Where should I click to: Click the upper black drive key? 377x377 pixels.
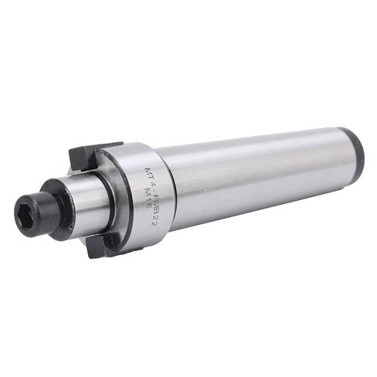click(x=92, y=155)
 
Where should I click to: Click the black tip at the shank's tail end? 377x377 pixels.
click(x=357, y=151)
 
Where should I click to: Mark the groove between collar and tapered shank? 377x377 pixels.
click(x=172, y=193)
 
